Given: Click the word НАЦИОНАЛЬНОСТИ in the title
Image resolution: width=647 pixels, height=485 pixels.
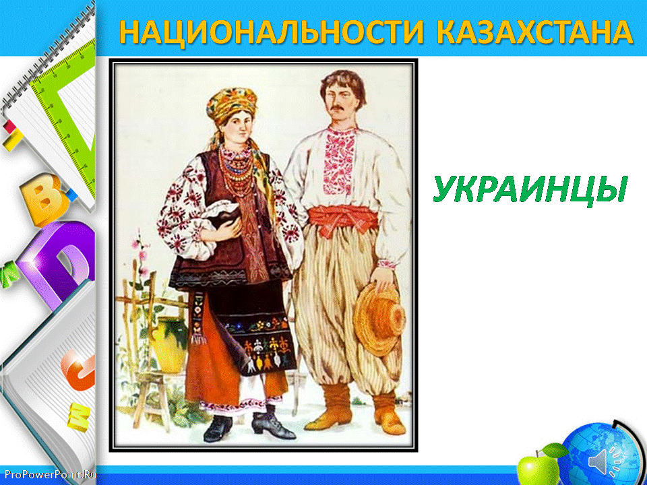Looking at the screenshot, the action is (x=272, y=32).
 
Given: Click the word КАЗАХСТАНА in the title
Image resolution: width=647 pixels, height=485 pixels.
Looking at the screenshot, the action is (x=534, y=32).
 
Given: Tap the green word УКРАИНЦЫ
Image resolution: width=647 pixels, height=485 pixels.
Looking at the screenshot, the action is (x=530, y=189).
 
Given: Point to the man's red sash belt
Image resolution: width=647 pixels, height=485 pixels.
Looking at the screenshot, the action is (x=343, y=220).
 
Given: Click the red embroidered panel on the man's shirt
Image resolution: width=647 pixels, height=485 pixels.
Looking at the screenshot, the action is (x=339, y=160).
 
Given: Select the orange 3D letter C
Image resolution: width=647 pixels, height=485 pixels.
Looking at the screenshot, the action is (x=80, y=370).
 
